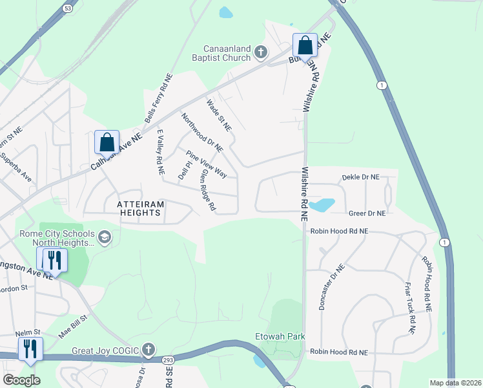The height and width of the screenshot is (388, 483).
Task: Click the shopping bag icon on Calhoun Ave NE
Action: click(x=107, y=142)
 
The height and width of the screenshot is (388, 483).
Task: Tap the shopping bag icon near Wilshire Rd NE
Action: click(x=305, y=45)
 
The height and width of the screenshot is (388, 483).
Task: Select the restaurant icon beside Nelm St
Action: click(x=30, y=349)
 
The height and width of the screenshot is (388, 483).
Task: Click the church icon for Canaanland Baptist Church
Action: click(x=260, y=52)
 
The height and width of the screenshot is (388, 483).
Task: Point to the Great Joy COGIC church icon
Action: click(x=149, y=350)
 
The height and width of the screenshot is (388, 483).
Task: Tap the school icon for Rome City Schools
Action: click(x=105, y=239)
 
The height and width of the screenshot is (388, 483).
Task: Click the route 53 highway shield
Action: click(x=68, y=8)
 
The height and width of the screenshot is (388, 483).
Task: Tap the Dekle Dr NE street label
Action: click(x=364, y=176)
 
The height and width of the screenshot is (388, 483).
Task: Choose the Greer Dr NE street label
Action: click(x=367, y=213)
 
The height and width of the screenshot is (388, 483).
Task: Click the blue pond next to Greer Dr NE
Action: click(x=322, y=206)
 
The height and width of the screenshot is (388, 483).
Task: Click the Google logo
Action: click(x=21, y=380)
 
